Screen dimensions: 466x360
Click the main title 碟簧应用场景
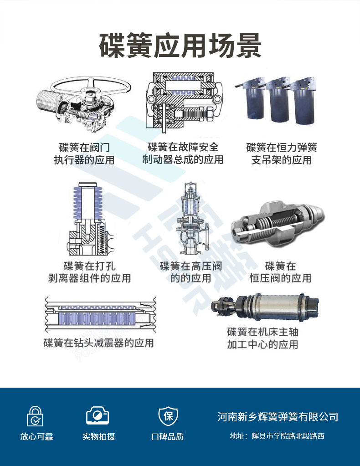point(180,46)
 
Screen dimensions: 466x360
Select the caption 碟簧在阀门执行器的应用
point(84,154)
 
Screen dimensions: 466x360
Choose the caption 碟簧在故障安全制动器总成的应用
point(183,153)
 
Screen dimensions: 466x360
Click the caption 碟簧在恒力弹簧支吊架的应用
point(282,154)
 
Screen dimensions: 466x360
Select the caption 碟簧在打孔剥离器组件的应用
point(89,272)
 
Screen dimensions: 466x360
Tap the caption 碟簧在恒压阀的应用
point(280,272)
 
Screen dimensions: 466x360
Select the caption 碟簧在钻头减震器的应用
point(98,343)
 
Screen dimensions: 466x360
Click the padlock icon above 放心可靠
point(36,416)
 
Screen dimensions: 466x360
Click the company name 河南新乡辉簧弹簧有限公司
point(278,416)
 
